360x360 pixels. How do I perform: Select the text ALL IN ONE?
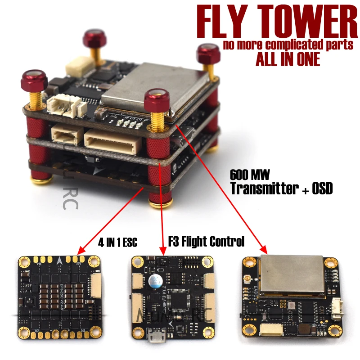tap(288, 59)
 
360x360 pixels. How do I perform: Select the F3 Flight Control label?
tap(206, 242)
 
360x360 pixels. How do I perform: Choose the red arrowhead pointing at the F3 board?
tap(162, 251)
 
